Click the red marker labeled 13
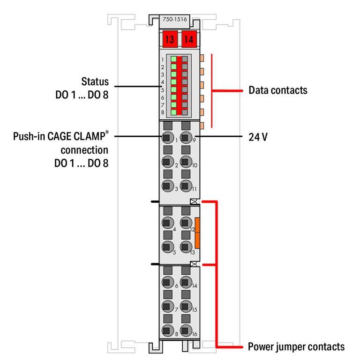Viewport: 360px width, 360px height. [170, 39]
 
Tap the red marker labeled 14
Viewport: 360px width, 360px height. [189, 39]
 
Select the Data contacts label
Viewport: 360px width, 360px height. [278, 90]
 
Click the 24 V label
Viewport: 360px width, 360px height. [258, 138]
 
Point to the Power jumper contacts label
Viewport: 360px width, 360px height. [296, 347]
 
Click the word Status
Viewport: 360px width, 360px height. [95, 82]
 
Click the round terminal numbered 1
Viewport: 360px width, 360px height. [166, 137]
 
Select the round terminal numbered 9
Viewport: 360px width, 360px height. [186, 137]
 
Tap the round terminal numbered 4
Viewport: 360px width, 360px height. [166, 223]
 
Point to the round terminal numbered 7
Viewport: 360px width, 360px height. [166, 307]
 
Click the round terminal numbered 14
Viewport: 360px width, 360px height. [186, 282]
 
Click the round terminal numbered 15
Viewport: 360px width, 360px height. [186, 307]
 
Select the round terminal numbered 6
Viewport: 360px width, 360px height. [166, 282]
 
